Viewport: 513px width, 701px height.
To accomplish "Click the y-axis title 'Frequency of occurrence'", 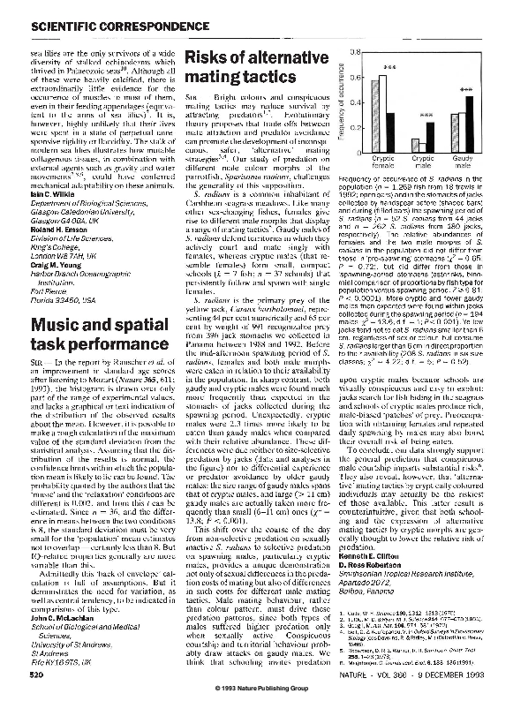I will tap(339, 100).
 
